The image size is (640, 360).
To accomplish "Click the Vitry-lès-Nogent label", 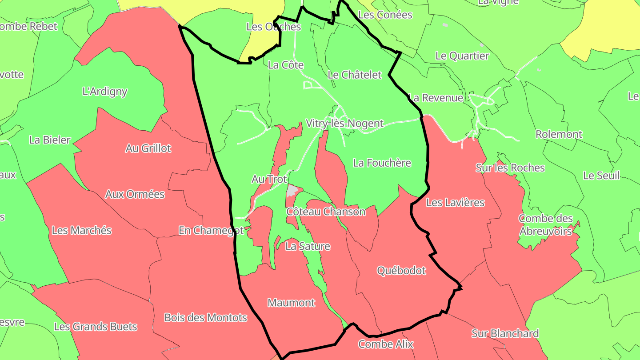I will (344, 124).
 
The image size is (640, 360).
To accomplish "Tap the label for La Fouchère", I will (382, 163).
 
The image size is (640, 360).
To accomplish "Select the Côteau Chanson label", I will (326, 212).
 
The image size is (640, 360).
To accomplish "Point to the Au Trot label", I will (269, 179).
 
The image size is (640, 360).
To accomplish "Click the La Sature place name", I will (308, 246).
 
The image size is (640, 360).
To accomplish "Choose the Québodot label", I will (401, 271).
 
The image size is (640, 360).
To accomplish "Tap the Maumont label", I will (291, 303).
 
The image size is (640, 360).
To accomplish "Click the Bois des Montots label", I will (205, 318).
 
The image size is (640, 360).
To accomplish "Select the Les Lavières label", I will (455, 203).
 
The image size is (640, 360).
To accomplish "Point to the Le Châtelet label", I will (354, 75).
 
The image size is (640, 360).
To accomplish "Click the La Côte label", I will (286, 65).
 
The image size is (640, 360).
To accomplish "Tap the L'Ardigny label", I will (105, 92).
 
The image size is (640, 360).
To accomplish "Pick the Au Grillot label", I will (148, 148).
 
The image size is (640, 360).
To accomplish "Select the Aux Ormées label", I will (135, 194).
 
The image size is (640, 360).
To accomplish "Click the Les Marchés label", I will (81, 231).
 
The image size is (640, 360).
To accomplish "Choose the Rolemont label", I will (559, 134).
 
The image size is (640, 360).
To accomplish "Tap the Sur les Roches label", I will (510, 168).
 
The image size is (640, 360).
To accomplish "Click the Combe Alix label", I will (385, 344).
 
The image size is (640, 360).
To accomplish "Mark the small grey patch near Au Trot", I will (292, 191).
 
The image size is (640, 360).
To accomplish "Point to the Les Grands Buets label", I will (96, 327).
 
